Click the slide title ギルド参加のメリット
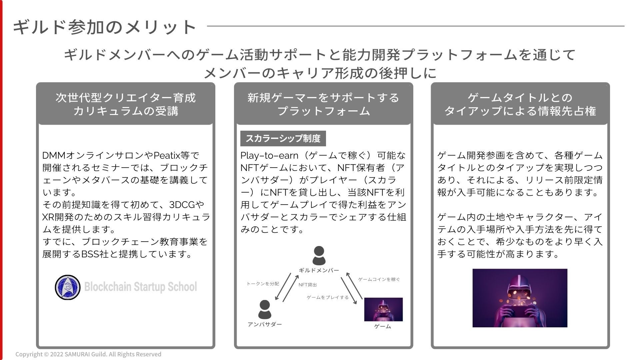click(104, 27)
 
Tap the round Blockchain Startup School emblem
click(68, 287)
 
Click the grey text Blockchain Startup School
click(140, 287)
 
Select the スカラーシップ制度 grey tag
click(283, 138)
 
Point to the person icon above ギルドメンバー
click(319, 256)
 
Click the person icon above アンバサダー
click(265, 309)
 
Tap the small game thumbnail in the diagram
click(383, 309)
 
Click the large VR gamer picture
click(520, 298)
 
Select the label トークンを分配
click(263, 284)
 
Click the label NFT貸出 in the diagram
click(308, 285)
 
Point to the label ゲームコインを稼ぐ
click(379, 279)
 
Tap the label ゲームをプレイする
click(328, 297)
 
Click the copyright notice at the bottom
click(88, 354)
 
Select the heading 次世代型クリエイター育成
click(126, 98)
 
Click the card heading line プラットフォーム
click(324, 111)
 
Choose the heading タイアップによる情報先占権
click(520, 111)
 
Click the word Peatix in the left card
click(167, 155)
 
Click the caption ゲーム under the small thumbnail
click(383, 326)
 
